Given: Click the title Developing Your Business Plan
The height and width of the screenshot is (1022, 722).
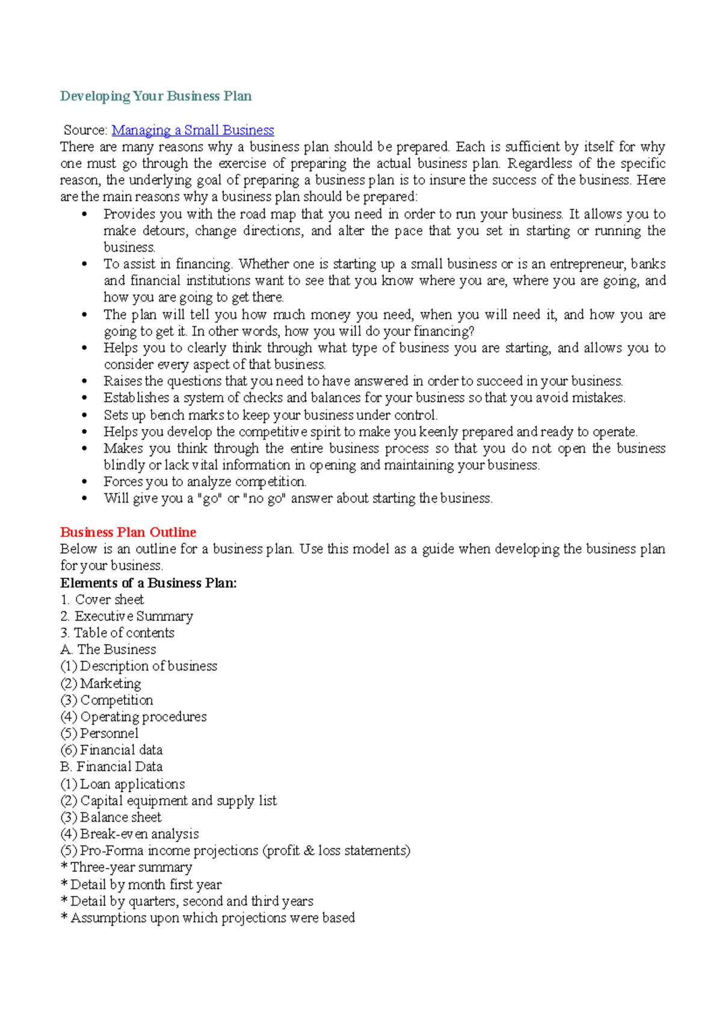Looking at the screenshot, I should click(x=156, y=96).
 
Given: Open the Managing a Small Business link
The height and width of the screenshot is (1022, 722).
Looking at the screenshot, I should click(x=193, y=130).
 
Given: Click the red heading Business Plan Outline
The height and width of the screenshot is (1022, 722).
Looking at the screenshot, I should click(x=128, y=532).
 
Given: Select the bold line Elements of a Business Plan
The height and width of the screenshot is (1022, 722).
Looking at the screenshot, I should click(x=149, y=583).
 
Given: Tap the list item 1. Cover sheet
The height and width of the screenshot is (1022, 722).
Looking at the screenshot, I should click(x=102, y=599).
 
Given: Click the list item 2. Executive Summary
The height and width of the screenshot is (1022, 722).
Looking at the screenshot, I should click(x=127, y=616).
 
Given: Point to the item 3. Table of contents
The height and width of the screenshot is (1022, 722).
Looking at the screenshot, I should click(x=117, y=633).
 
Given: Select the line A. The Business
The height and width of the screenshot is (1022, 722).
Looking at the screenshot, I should click(x=108, y=649).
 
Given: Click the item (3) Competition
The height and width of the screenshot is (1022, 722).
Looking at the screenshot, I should click(x=107, y=700).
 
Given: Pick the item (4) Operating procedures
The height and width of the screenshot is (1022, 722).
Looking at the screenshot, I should click(x=134, y=717).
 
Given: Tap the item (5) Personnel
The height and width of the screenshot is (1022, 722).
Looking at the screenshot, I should click(x=99, y=733).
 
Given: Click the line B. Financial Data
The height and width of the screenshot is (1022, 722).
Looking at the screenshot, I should click(x=111, y=767).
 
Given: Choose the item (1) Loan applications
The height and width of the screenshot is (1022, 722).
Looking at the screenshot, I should click(x=123, y=784).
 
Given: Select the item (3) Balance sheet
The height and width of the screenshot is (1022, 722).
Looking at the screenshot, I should click(x=111, y=817).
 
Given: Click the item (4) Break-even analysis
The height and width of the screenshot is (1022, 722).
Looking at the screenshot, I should click(x=129, y=834).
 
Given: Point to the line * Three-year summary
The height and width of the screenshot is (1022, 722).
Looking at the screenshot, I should click(x=126, y=867).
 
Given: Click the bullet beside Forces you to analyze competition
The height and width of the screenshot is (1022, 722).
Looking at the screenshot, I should click(x=85, y=482).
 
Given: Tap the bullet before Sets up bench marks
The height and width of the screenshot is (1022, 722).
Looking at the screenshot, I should click(x=85, y=415).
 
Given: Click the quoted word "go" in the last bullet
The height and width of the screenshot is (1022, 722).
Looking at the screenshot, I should click(x=210, y=499).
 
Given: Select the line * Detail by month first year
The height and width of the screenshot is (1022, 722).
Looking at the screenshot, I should click(x=141, y=884).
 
